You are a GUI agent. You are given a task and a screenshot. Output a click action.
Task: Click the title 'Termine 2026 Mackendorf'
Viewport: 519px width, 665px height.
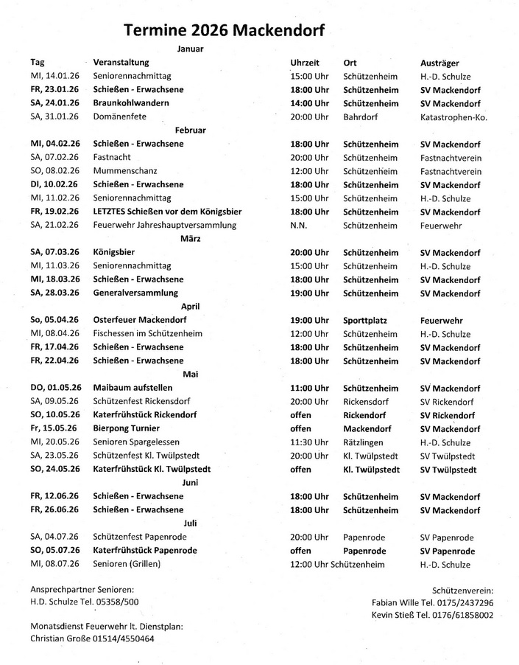pos(225,29)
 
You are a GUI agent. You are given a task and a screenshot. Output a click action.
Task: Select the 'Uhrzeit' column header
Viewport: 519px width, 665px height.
pos(305,63)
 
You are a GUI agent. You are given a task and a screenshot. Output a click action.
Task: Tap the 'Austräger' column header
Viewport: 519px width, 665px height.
pos(440,63)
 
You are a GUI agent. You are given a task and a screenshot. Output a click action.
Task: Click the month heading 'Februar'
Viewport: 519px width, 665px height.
pos(190,130)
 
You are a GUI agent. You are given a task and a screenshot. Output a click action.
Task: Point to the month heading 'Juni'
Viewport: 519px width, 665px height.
pos(190,483)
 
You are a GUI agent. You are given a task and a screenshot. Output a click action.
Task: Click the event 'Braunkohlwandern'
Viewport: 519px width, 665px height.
pos(131,103)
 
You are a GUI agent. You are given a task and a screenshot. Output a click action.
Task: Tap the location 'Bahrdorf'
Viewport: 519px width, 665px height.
pos(361,116)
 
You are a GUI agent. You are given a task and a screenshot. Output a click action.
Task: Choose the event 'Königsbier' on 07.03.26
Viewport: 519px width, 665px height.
pos(114,253)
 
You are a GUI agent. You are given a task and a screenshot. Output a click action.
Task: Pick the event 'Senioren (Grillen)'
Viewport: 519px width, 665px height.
pos(127,565)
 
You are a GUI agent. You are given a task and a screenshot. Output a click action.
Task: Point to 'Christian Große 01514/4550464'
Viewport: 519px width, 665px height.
pos(93,638)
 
